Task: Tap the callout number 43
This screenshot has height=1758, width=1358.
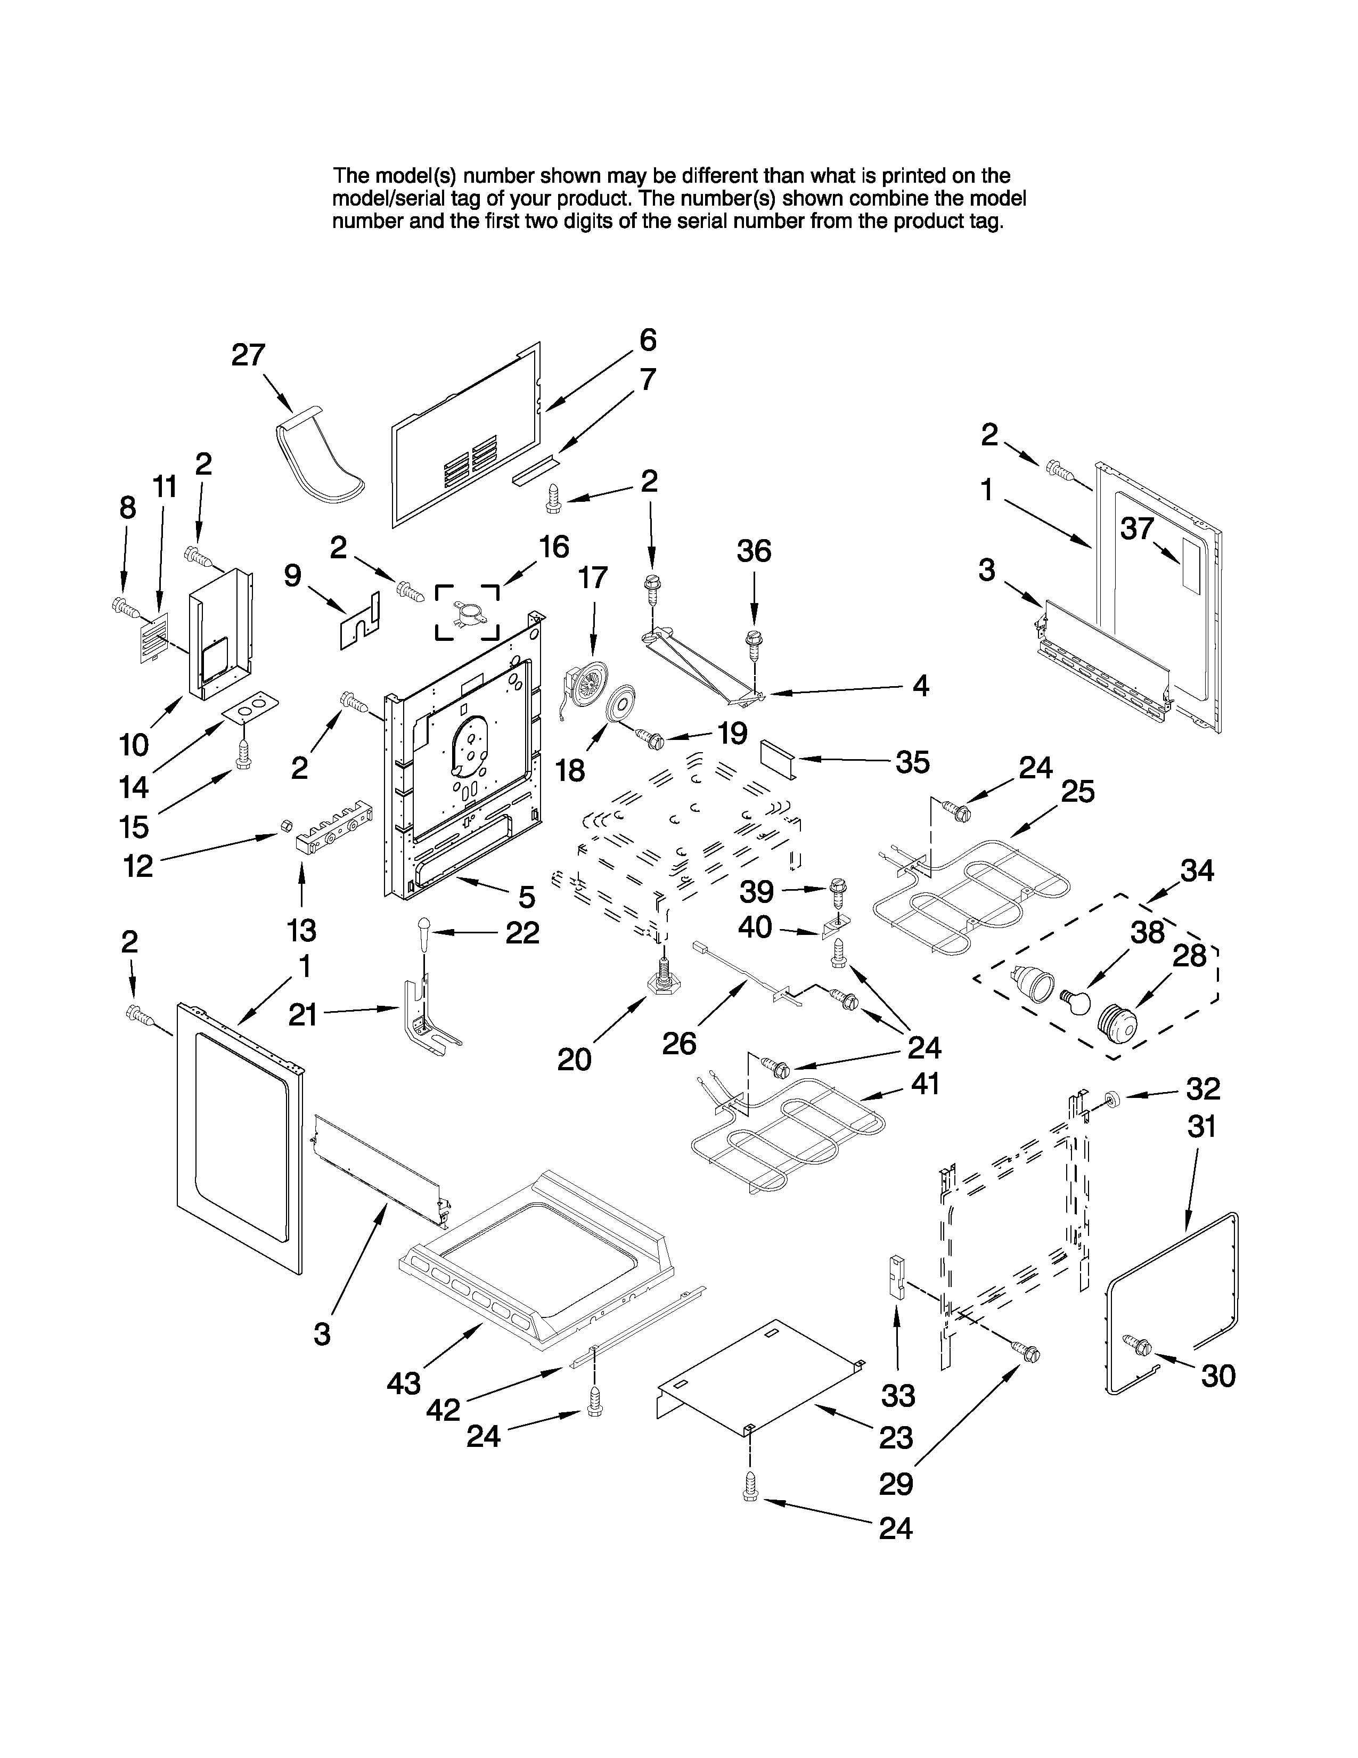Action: (x=403, y=1383)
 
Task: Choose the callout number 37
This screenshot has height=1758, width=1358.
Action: (x=1137, y=529)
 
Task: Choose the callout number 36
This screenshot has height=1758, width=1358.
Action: (x=754, y=551)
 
